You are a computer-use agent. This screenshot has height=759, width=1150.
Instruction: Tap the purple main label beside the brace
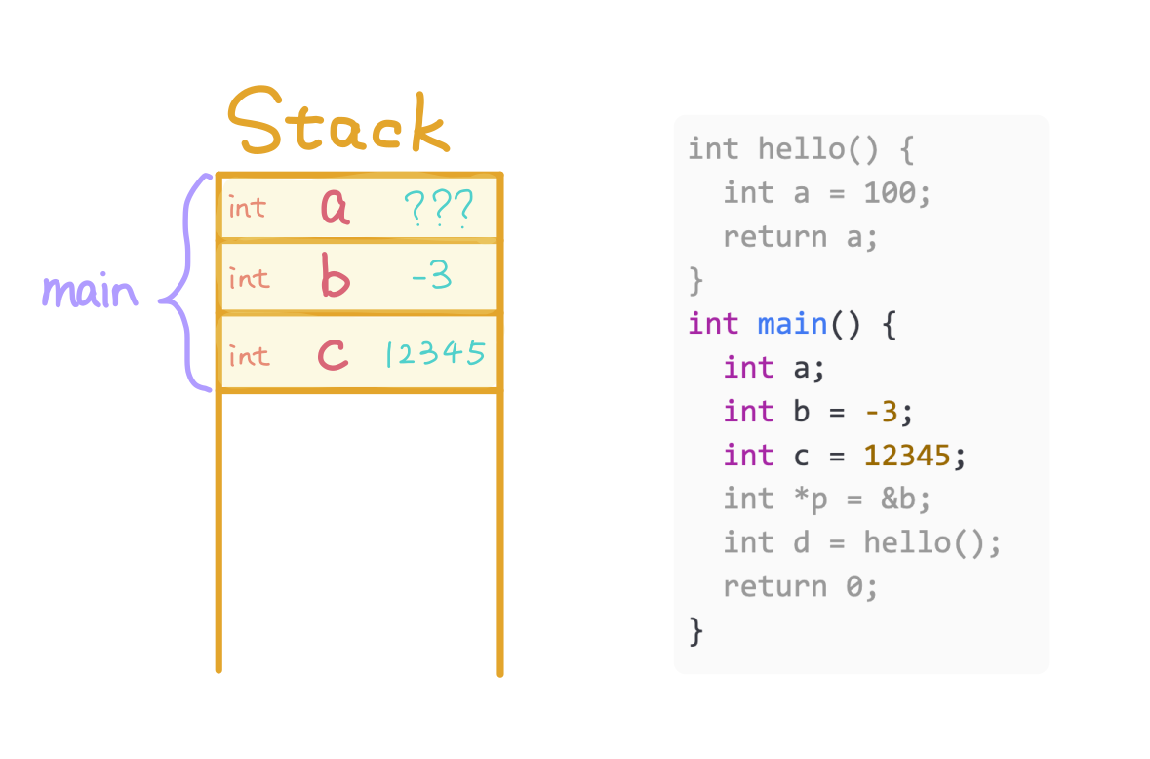pyautogui.click(x=90, y=291)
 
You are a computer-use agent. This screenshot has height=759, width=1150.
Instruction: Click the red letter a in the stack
pyautogui.click(x=336, y=207)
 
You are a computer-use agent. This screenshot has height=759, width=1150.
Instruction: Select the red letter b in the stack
pyautogui.click(x=335, y=278)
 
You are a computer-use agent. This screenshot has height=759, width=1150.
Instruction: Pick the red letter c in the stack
pyautogui.click(x=334, y=355)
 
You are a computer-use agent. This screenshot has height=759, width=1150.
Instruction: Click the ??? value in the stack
pyautogui.click(x=438, y=207)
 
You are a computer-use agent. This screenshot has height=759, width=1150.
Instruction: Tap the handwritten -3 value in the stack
pyautogui.click(x=431, y=278)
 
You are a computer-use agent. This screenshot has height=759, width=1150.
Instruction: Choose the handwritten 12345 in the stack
pyautogui.click(x=435, y=353)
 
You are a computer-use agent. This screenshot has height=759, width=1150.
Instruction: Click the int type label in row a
pyautogui.click(x=247, y=208)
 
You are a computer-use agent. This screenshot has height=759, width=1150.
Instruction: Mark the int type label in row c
pyautogui.click(x=247, y=356)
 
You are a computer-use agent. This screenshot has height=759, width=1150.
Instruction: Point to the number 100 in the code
pyautogui.click(x=890, y=193)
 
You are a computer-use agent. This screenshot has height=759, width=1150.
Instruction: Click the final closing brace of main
pyautogui.click(x=695, y=630)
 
